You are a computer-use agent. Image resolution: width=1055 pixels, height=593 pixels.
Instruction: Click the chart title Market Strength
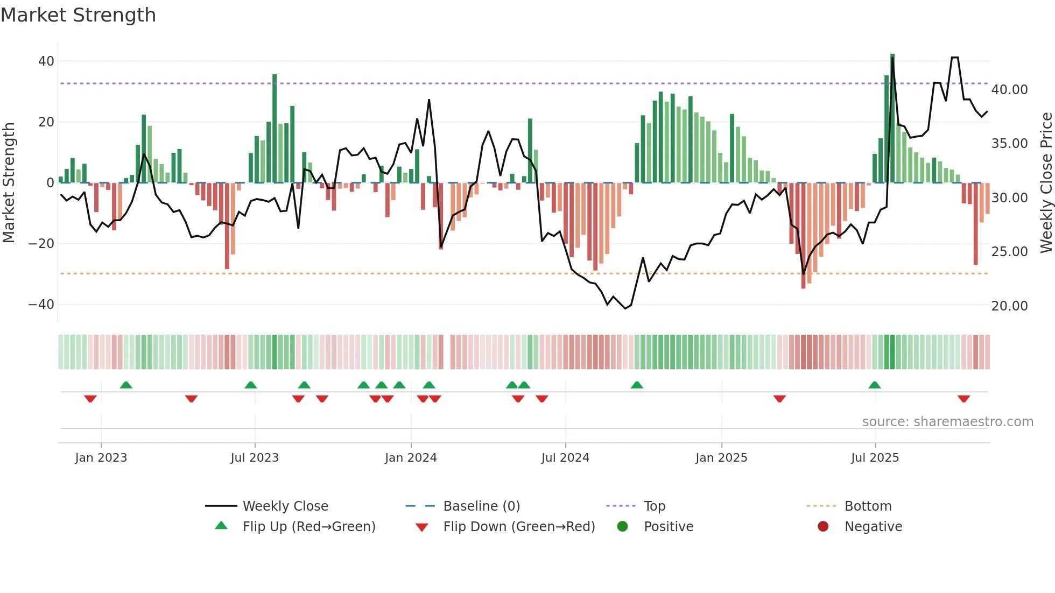[78, 15]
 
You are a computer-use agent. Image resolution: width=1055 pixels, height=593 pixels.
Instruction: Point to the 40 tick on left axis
[46, 61]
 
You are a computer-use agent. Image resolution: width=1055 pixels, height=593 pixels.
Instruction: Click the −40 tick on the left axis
[41, 305]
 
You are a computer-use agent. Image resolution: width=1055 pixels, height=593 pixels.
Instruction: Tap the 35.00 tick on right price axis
[1009, 144]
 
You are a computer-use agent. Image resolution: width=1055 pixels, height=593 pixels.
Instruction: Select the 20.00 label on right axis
[1009, 306]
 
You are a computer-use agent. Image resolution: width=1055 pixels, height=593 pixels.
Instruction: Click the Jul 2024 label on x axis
[565, 458]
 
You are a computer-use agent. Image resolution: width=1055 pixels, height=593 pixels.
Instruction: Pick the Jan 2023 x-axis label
[101, 458]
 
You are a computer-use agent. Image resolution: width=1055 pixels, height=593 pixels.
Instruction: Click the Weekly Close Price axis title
[1046, 183]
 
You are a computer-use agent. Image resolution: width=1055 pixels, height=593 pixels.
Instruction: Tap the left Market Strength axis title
[9, 183]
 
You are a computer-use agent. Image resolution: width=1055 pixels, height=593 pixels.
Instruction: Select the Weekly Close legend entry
[285, 506]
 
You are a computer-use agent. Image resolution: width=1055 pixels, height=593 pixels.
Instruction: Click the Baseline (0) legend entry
[481, 506]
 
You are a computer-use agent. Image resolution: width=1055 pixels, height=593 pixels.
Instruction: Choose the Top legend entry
[655, 506]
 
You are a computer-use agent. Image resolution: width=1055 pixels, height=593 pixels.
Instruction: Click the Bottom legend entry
[868, 506]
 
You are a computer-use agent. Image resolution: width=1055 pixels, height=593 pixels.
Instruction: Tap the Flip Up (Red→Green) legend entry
[308, 527]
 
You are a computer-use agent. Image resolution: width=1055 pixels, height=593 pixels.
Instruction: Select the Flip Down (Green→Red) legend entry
[519, 527]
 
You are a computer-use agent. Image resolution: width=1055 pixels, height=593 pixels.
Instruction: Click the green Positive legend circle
[623, 527]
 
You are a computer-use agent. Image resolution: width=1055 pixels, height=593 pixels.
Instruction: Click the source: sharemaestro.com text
[947, 422]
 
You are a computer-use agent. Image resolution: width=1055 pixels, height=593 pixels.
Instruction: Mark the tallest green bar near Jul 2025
[892, 118]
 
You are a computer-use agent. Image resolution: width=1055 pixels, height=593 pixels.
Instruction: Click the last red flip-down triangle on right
[963, 399]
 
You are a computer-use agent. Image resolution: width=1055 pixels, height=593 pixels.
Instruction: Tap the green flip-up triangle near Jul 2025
[875, 385]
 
